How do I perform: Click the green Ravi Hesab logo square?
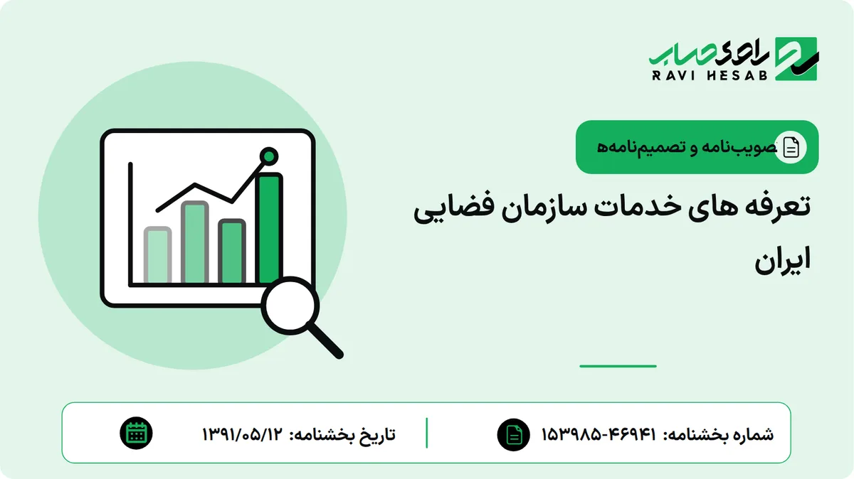796,59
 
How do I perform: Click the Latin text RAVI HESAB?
710,75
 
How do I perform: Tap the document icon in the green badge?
791,147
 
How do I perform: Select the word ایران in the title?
783,261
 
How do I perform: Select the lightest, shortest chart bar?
157,254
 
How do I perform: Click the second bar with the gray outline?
195,242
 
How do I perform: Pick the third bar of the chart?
232,252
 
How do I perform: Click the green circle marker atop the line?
269,156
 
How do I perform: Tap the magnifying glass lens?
290,306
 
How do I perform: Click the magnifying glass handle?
325,340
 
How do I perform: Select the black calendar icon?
136,434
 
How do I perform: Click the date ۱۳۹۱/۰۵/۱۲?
243,434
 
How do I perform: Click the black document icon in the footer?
514,435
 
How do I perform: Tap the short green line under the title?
618,366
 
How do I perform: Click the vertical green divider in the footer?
426,433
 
